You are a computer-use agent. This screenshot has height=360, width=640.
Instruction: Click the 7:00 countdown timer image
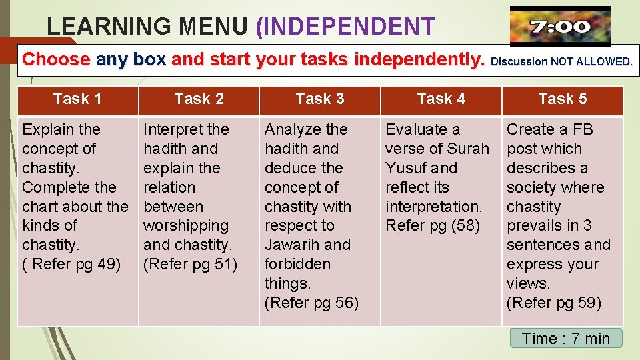pyautogui.click(x=559, y=27)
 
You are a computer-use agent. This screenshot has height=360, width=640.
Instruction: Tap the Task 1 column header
pyautogui.click(x=77, y=99)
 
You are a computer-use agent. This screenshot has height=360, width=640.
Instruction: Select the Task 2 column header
pyautogui.click(x=199, y=99)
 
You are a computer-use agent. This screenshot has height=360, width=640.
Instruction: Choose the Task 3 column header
pyautogui.click(x=320, y=99)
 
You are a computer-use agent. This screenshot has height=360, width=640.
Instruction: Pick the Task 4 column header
pyautogui.click(x=441, y=99)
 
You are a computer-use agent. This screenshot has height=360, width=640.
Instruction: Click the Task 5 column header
pyautogui.click(x=562, y=99)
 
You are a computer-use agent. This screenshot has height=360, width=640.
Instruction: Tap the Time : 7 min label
pyautogui.click(x=566, y=339)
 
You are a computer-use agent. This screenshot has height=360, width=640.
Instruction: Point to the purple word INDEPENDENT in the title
pyautogui.click(x=345, y=27)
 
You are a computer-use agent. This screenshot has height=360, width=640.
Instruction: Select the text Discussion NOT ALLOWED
pyautogui.click(x=561, y=62)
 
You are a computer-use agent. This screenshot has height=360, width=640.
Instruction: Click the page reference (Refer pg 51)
pyautogui.click(x=191, y=264)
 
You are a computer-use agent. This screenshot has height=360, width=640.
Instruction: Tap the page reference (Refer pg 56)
pyautogui.click(x=312, y=303)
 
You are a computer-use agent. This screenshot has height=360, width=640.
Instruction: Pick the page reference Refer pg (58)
pyautogui.click(x=433, y=225)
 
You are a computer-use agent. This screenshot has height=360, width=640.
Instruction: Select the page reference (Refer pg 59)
pyautogui.click(x=554, y=303)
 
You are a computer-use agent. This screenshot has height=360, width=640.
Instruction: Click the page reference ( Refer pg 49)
pyautogui.click(x=72, y=264)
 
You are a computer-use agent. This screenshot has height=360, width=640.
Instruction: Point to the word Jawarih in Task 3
pyautogui.click(x=289, y=245)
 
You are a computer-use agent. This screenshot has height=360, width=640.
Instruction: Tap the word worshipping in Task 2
pyautogui.click(x=186, y=225)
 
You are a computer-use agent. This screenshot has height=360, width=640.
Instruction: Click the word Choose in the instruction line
pyautogui.click(x=56, y=60)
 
